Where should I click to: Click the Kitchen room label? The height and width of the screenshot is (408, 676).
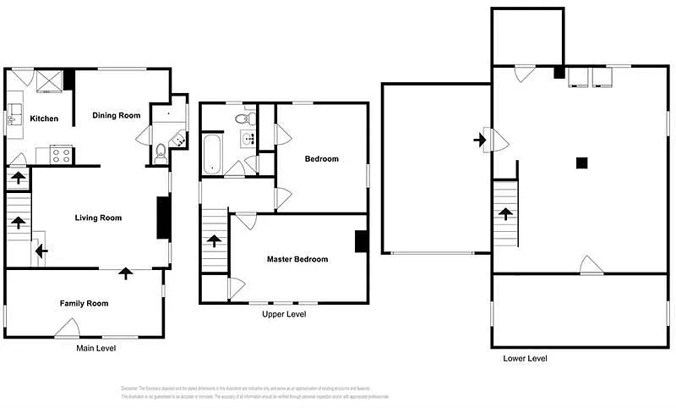(44, 119)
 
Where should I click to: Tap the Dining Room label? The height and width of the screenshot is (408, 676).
(117, 115)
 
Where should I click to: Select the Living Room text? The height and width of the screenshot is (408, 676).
(98, 218)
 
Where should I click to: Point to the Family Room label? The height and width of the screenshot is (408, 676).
(84, 303)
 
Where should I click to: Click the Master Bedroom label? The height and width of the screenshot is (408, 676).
(297, 259)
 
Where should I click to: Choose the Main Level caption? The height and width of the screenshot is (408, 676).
(95, 348)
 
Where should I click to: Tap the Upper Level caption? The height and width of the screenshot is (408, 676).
(284, 314)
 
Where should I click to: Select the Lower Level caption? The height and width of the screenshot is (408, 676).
(525, 358)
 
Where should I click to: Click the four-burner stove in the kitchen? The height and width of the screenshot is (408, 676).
(62, 155)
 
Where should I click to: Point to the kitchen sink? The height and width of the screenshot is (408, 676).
(13, 119)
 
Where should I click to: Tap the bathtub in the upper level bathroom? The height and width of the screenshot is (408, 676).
(211, 153)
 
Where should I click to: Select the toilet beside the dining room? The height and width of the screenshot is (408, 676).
(161, 153)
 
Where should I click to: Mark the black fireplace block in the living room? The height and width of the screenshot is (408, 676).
(163, 218)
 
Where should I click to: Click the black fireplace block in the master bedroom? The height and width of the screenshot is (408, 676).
(361, 241)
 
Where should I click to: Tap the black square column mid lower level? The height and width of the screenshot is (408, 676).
(581, 163)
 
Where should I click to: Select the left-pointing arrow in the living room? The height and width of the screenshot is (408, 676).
(41, 251)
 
